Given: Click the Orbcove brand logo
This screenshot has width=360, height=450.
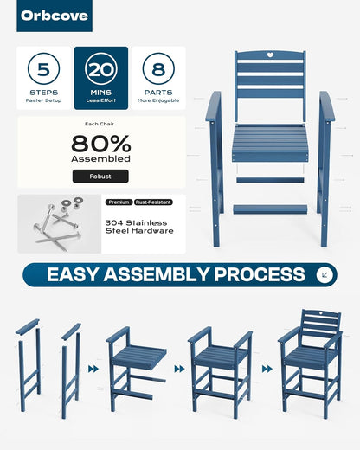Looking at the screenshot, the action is click(55, 16).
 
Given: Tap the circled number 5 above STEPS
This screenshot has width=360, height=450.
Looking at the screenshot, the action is click(44, 69).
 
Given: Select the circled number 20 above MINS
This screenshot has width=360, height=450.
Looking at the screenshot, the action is click(101, 69).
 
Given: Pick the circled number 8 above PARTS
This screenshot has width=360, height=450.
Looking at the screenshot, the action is click(158, 69).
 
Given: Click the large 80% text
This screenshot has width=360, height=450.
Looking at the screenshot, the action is click(101, 144).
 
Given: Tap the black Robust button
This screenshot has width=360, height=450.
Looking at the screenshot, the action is click(100, 177).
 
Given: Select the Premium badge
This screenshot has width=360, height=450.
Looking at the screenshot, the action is click(119, 202).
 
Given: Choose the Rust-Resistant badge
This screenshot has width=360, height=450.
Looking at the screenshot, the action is click(153, 202).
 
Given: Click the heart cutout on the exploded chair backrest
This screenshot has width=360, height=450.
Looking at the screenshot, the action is click(270, 55).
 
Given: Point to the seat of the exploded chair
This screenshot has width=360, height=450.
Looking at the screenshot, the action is click(270, 143).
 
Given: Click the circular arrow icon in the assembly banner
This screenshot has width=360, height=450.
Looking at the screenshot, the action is click(325, 274).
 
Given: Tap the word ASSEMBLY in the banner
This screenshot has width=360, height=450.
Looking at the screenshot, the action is click(156, 274).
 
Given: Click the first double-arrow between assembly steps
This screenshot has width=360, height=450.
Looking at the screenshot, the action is click(93, 369).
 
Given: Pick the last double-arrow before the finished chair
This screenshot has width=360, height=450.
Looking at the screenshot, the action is click(267, 369).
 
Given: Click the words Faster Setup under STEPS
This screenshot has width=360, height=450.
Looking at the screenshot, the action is click(43, 100).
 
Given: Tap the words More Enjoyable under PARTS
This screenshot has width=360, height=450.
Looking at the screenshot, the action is click(158, 100).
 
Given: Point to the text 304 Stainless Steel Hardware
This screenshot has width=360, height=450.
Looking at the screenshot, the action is click(139, 227).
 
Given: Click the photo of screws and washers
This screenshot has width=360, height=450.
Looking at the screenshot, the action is click(60, 224).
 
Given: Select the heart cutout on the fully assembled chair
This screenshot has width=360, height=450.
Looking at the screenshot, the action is click(320, 312).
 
